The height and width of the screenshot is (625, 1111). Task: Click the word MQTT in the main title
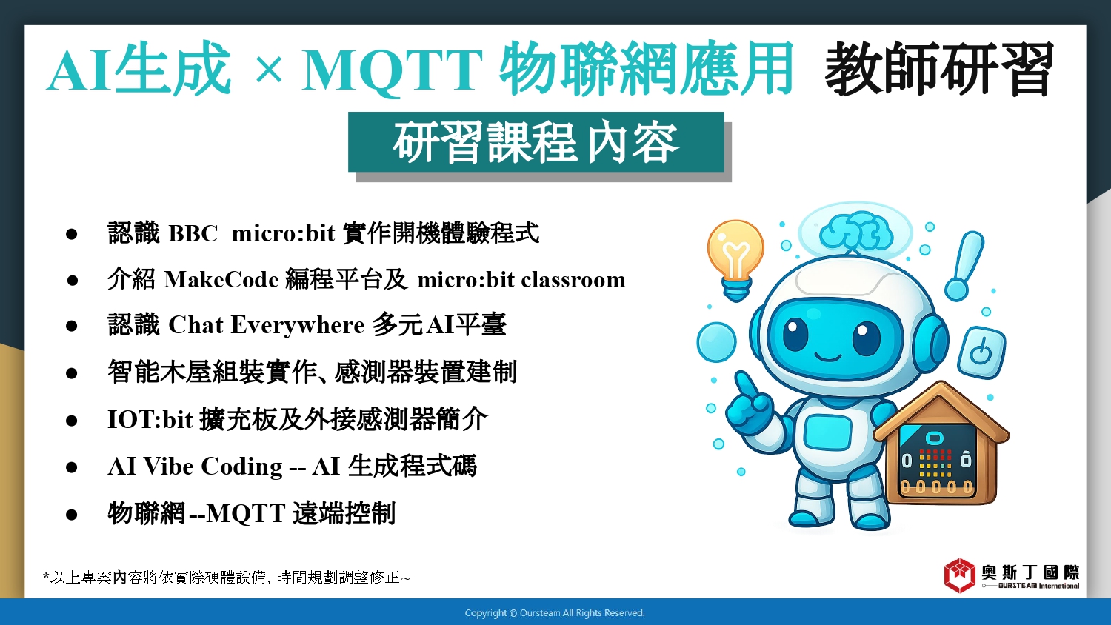point(393,70)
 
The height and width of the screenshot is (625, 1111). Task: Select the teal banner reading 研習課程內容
point(536,142)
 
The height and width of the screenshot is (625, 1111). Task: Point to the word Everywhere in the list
point(298,326)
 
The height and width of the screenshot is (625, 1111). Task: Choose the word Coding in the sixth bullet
point(241,467)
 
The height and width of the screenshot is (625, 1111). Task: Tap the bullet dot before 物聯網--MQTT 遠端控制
point(71,515)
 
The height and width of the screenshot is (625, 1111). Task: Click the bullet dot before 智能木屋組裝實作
point(71,373)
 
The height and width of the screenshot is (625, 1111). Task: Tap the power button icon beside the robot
point(981,352)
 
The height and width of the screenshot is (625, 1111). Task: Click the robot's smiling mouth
point(828,356)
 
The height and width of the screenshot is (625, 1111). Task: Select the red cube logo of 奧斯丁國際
point(960,575)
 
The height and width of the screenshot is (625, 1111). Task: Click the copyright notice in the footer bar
point(555,613)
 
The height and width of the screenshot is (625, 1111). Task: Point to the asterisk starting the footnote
point(46,575)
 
